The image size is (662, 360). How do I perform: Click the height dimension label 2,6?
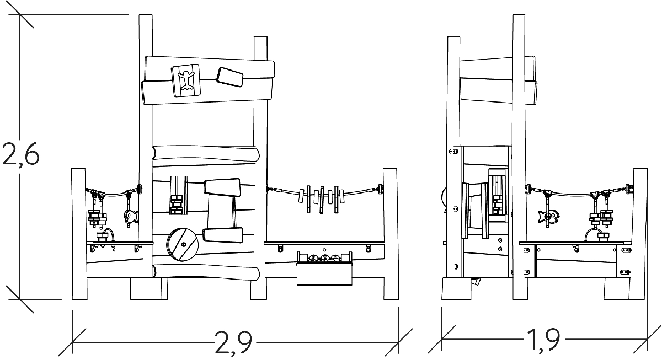(x=21, y=154)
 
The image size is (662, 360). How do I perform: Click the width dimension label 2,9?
(x=233, y=342)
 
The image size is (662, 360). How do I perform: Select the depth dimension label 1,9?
(x=543, y=340)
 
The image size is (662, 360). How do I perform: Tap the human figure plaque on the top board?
(x=186, y=80)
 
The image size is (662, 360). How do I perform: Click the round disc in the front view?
(x=181, y=244)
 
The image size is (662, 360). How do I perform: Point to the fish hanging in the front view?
(x=130, y=216)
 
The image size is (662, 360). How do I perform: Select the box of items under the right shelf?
(x=324, y=268)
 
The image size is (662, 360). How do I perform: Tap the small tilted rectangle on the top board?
(x=229, y=77)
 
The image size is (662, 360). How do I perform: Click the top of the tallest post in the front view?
(x=146, y=15)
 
